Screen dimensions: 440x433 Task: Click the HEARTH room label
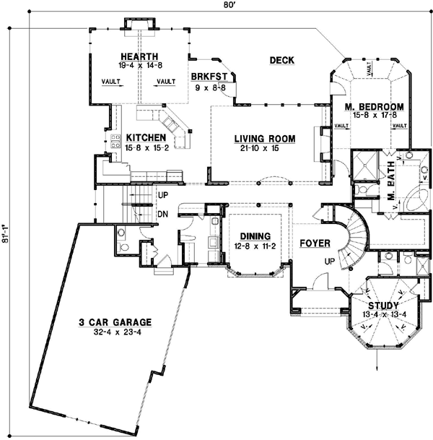click(x=139, y=56)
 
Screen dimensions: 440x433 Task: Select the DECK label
click(x=281, y=60)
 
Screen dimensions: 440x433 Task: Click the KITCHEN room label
click(x=146, y=137)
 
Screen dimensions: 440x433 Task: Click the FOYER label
click(x=315, y=243)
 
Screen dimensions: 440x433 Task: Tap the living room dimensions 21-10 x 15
click(x=256, y=147)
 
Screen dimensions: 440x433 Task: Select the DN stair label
click(x=162, y=214)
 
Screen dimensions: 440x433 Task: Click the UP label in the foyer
click(x=329, y=261)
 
